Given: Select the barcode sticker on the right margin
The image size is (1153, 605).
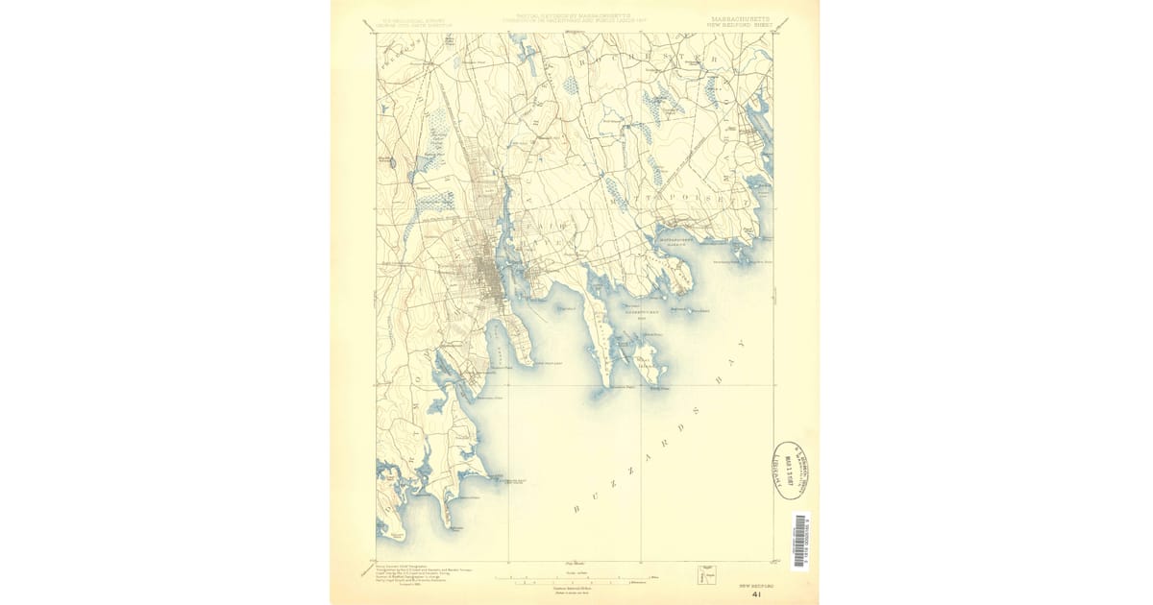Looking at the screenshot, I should click(x=799, y=542).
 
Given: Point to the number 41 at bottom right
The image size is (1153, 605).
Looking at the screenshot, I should click(x=757, y=594).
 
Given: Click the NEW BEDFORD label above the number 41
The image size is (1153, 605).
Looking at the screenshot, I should click(x=755, y=583).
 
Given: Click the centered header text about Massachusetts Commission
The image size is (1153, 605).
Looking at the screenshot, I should click(x=574, y=19).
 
